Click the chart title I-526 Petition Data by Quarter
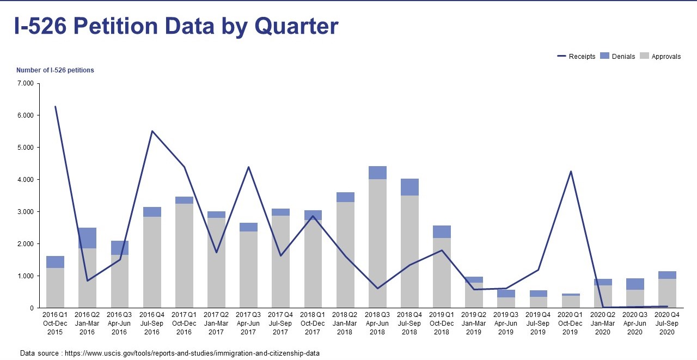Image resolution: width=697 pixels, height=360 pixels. click(x=176, y=27)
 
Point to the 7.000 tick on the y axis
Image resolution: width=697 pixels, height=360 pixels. click(x=26, y=83)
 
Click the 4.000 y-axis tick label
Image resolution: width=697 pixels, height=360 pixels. click(x=26, y=180)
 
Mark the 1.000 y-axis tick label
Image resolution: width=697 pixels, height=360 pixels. click(x=26, y=276)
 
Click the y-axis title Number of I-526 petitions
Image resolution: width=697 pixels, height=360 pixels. click(x=55, y=70)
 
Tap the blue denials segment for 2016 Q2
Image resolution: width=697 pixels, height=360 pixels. click(x=87, y=238)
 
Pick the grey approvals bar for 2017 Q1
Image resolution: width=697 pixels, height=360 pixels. click(x=184, y=256)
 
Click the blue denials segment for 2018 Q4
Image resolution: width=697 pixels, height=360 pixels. click(x=409, y=187)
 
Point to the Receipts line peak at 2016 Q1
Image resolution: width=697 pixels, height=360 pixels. click(x=55, y=107)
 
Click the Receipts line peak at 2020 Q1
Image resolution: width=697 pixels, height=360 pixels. click(x=571, y=172)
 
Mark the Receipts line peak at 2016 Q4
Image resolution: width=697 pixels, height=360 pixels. click(x=152, y=131)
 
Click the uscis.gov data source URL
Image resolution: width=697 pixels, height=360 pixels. click(x=192, y=353)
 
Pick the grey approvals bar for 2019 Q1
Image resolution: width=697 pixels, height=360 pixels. click(x=442, y=273)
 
